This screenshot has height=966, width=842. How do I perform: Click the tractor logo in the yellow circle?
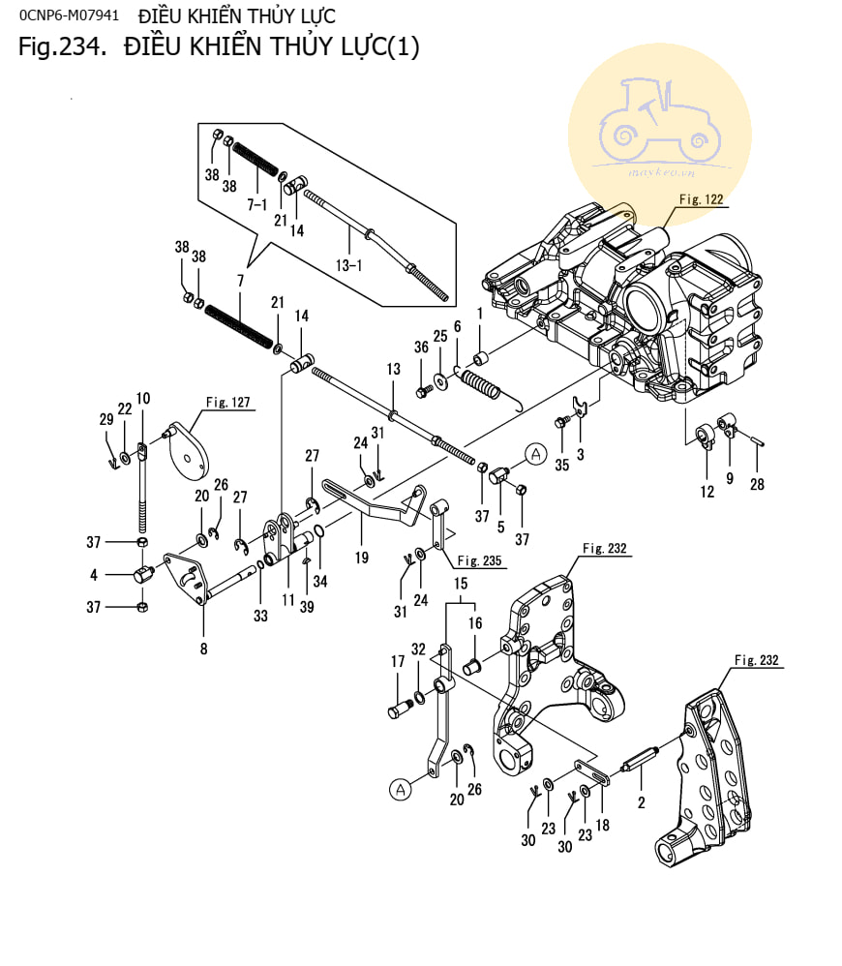click(x=659, y=126)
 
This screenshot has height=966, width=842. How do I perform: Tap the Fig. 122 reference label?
click(x=701, y=199)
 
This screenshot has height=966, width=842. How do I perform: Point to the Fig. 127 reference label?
click(x=228, y=402)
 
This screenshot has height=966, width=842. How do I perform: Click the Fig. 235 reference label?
click(x=481, y=559)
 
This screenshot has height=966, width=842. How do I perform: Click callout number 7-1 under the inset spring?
click(x=257, y=204)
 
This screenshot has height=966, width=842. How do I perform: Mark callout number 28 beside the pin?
click(x=757, y=484)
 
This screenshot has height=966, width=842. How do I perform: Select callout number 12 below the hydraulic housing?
click(x=707, y=492)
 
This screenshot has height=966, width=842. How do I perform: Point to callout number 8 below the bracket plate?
click(x=203, y=649)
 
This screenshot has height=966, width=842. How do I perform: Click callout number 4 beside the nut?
click(x=94, y=575)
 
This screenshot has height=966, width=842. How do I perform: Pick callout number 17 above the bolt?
click(x=397, y=662)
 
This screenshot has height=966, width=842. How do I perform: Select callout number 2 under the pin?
click(x=641, y=801)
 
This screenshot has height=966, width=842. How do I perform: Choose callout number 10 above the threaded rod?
click(x=143, y=398)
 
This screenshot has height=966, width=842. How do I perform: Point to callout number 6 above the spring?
click(x=457, y=326)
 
